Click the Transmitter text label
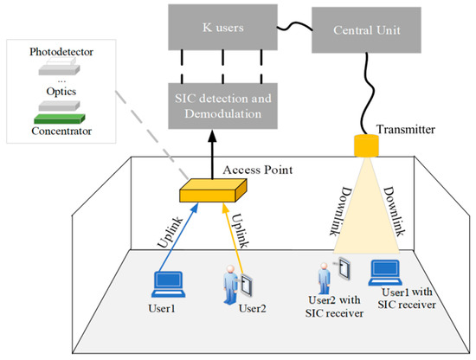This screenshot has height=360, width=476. click(x=404, y=129)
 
